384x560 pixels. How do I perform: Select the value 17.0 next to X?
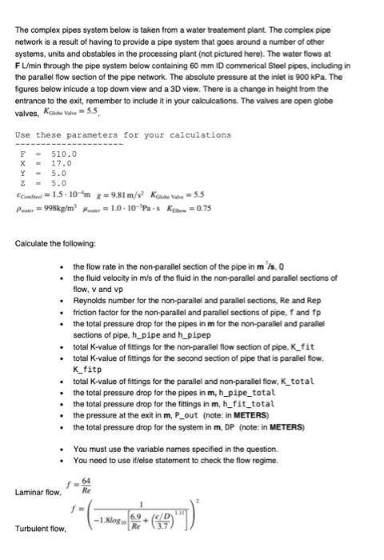(62, 162)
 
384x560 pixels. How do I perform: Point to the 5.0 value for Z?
(59, 181)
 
